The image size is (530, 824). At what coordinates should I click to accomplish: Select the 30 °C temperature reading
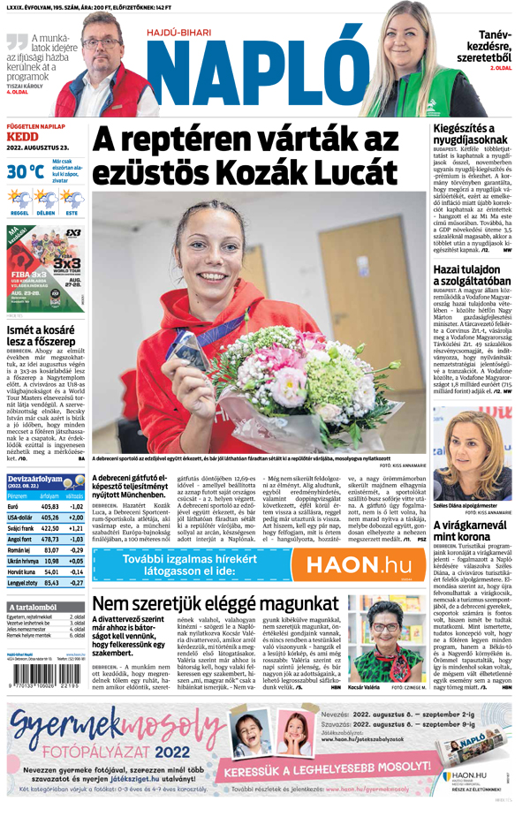[25, 171]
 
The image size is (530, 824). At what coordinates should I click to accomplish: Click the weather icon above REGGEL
[19, 200]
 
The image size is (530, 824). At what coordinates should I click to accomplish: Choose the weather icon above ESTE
[72, 200]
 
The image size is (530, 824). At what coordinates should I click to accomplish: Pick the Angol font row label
[19, 539]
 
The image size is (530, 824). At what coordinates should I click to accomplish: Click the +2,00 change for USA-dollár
[76, 518]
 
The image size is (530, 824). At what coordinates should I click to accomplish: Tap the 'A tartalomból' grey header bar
[45, 608]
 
